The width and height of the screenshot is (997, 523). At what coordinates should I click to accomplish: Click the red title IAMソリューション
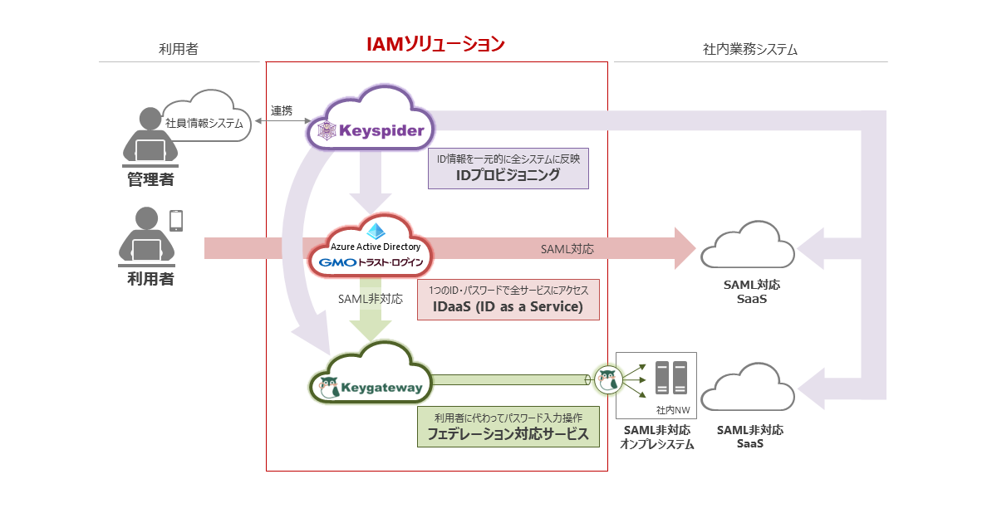coord(436,44)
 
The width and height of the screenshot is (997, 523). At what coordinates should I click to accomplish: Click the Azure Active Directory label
coord(376,247)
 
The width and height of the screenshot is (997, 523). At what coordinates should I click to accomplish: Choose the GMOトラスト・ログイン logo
coord(371,263)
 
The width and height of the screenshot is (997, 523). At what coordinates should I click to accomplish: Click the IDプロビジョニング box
coord(508,168)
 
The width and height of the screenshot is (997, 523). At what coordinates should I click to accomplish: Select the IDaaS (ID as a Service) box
coord(508,299)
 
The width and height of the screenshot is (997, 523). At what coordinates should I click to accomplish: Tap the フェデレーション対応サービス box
coord(508,426)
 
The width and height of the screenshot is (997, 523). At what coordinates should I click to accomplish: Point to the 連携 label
coord(282,110)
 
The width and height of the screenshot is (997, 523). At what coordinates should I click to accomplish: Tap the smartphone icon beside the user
coord(176,220)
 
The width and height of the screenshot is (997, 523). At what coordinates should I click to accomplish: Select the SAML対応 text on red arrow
coord(567,248)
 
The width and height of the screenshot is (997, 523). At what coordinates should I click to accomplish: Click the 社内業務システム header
coord(750,50)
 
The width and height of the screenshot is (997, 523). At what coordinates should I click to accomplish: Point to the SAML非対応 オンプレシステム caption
coord(657,437)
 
